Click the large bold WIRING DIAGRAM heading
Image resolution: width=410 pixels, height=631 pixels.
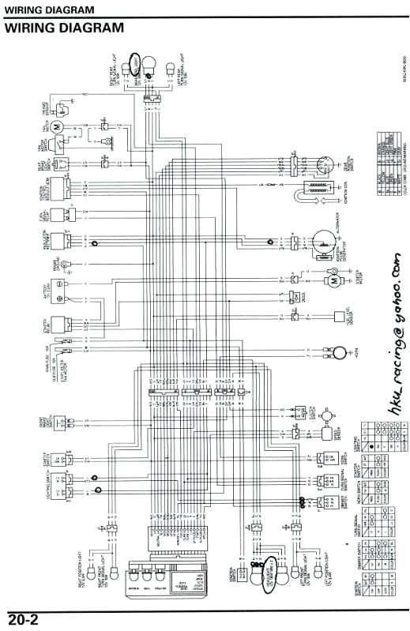pos(65,28)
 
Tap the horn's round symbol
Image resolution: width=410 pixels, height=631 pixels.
pos(337,351)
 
